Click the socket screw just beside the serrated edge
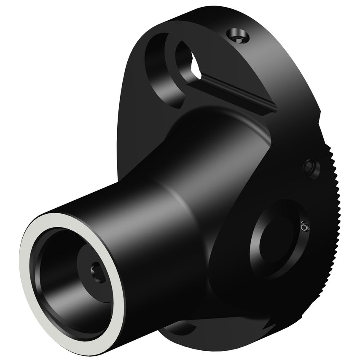point(311,167)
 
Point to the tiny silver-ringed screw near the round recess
point(305,227)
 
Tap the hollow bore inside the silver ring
point(72,278)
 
